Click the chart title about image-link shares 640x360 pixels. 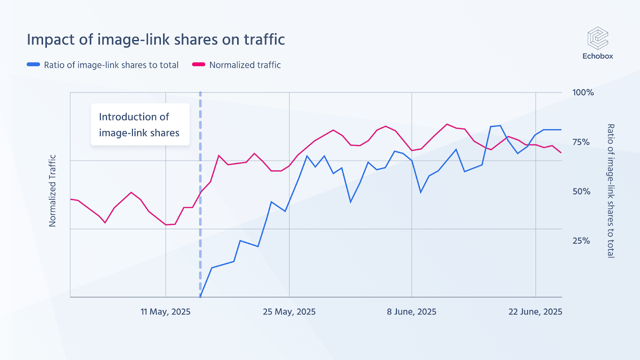[156, 40]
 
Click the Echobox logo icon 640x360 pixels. [598, 38]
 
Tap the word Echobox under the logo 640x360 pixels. [598, 56]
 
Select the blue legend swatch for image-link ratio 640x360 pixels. [33, 64]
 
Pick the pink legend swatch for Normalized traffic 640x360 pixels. [198, 64]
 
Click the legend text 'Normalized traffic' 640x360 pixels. [245, 65]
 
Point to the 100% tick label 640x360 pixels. [583, 92]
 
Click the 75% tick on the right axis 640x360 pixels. [581, 142]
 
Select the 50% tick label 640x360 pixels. [581, 192]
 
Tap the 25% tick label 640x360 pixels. [581, 241]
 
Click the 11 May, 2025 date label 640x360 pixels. [165, 312]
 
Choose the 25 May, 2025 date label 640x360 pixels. [289, 312]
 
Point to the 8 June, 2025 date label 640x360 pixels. [412, 312]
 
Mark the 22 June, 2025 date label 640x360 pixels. [535, 312]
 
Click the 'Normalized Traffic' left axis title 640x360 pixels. [52, 191]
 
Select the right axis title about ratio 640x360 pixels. [611, 191]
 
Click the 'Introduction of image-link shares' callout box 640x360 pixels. [140, 124]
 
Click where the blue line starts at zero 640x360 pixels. [200, 297]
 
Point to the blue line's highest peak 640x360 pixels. [500, 126]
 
